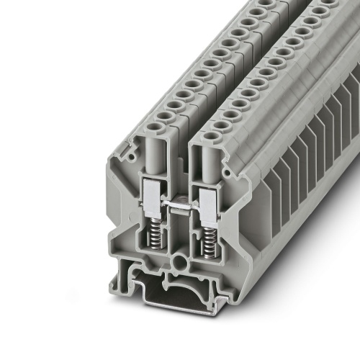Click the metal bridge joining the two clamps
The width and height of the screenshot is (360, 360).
(181, 207)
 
